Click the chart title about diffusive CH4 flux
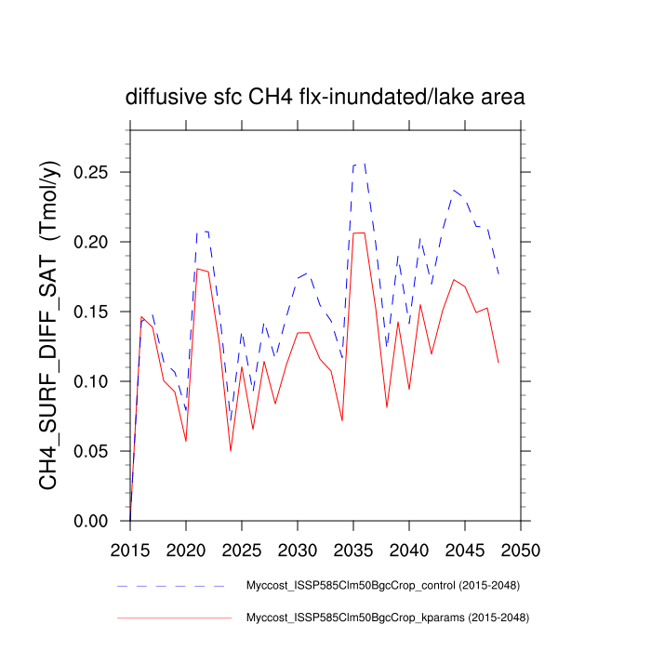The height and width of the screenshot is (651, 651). click(x=325, y=97)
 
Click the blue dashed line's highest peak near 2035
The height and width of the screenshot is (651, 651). click(x=359, y=165)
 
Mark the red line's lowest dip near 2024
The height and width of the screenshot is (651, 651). click(x=231, y=450)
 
